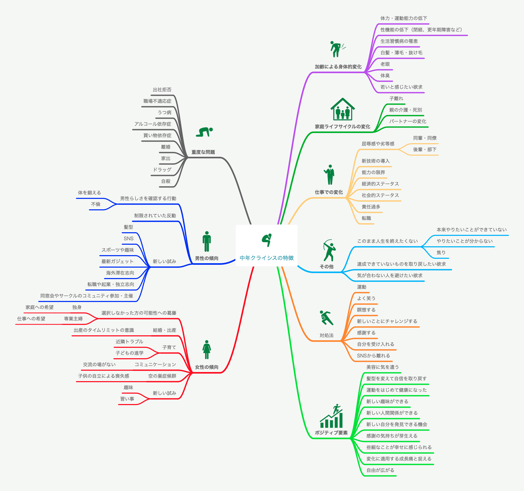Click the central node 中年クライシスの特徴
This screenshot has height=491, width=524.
267,258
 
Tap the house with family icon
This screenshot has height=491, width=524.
342,109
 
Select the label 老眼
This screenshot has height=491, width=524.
385,64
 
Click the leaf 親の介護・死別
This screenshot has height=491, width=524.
405,110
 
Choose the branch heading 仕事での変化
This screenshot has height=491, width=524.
329,192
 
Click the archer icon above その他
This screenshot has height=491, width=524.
329,250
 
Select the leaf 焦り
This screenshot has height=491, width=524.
441,253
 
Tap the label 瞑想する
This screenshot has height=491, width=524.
366,310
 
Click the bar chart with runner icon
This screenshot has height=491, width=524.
331,416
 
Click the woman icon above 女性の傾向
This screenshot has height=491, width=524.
207,350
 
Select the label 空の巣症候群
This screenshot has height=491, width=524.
162,376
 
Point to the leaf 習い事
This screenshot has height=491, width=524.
127,399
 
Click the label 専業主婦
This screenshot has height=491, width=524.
73,319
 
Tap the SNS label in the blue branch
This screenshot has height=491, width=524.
128,238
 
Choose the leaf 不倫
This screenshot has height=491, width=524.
96,204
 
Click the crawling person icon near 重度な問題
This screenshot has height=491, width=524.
204,132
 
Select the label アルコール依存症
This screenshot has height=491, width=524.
153,124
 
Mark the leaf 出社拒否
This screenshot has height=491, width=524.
162,90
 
